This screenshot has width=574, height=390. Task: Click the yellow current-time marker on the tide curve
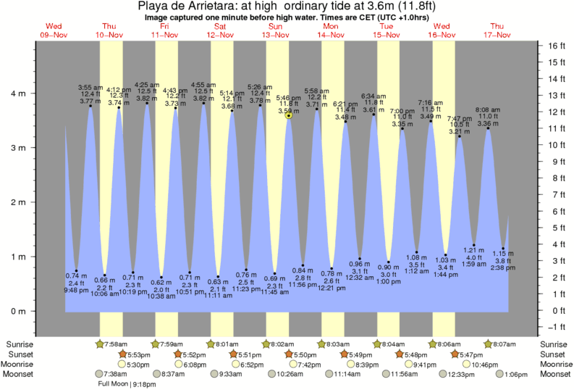(x=289, y=115)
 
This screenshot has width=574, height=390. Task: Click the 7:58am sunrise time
(x=118, y=343)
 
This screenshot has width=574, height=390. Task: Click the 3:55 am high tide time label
(x=90, y=87)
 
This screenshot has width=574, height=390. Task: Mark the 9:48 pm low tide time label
(x=76, y=290)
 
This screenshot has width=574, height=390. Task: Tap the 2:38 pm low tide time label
(x=503, y=267)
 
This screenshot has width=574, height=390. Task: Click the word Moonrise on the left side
(x=21, y=364)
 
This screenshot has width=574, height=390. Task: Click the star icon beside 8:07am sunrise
(x=489, y=343)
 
